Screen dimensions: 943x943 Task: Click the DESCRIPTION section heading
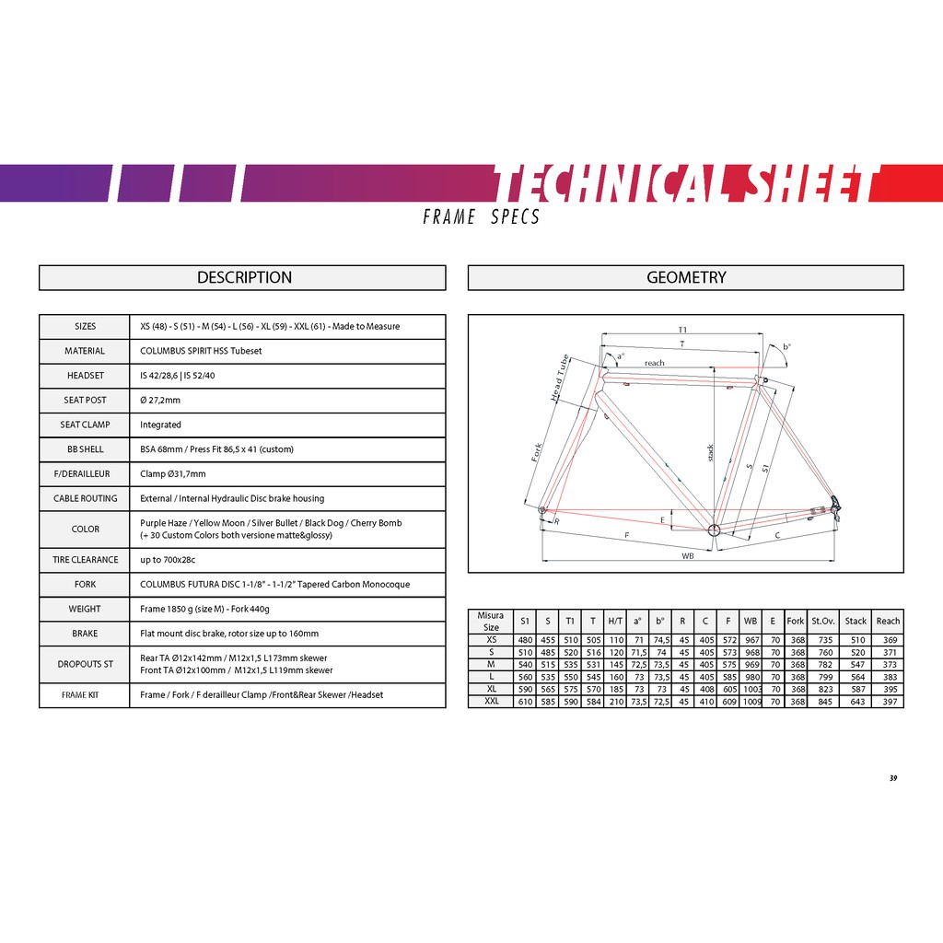pos(244,277)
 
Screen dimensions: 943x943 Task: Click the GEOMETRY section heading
pos(686,277)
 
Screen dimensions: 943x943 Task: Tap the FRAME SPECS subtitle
pos(481,217)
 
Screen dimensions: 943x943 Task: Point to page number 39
pos(892,777)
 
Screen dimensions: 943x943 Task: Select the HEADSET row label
pos(85,376)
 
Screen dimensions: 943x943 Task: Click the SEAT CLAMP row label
pos(85,425)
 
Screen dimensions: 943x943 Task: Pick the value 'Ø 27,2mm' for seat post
pos(160,401)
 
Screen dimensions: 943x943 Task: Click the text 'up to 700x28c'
pos(167,560)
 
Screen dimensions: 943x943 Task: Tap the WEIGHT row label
pos(85,609)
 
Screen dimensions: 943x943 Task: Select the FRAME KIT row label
pos(80,695)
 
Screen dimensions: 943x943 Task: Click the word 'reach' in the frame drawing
pos(654,363)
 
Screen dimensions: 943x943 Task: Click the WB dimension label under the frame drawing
pos(687,555)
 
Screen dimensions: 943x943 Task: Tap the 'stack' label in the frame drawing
pos(710,453)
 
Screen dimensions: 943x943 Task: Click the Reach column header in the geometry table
pos(888,622)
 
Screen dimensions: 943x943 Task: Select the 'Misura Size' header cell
pos(491,622)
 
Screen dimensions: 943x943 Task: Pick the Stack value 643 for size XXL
pos(856,702)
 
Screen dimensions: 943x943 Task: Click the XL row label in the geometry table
pos(491,689)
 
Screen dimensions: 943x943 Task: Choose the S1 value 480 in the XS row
pos(525,640)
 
